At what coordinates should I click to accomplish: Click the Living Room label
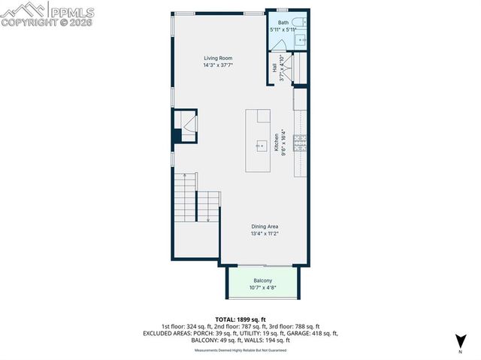click(x=218, y=58)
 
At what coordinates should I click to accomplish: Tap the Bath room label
click(x=283, y=23)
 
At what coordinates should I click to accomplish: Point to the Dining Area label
click(x=265, y=226)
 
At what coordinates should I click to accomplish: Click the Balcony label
click(x=262, y=280)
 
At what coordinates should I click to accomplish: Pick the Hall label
click(x=275, y=68)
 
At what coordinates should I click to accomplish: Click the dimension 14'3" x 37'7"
click(x=218, y=65)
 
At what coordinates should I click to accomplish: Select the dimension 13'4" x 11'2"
click(x=265, y=234)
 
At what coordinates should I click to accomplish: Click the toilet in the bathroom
click(x=298, y=21)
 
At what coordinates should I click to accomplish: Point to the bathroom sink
click(x=302, y=39)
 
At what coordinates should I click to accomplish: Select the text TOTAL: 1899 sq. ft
click(x=241, y=319)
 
